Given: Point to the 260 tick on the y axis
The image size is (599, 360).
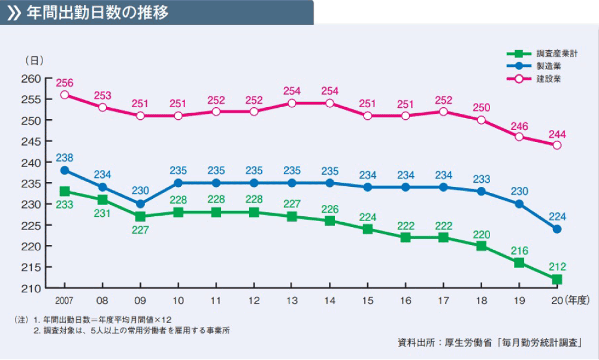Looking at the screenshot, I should point(33,78).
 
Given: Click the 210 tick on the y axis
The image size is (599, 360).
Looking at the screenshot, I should point(33,289).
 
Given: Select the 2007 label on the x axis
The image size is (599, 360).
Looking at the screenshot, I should point(64,300).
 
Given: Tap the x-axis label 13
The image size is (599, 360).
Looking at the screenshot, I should point(292,300).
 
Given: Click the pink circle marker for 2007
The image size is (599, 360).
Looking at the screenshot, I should point(65,95).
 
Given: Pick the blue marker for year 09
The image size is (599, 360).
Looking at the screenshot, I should point(140,204).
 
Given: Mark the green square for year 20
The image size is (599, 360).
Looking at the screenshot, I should point(557,279).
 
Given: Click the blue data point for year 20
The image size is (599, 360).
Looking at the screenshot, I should point(557,229).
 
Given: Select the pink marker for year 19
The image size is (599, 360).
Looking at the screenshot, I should point(519,137).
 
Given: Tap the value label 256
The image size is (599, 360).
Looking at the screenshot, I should point(65,83).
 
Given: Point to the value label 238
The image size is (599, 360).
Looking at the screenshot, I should point(65,158).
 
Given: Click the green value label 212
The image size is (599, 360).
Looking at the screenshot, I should point(557,267).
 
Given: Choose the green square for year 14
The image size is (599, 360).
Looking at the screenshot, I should point(329,220).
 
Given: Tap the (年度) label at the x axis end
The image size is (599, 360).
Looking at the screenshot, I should point(578,300).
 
